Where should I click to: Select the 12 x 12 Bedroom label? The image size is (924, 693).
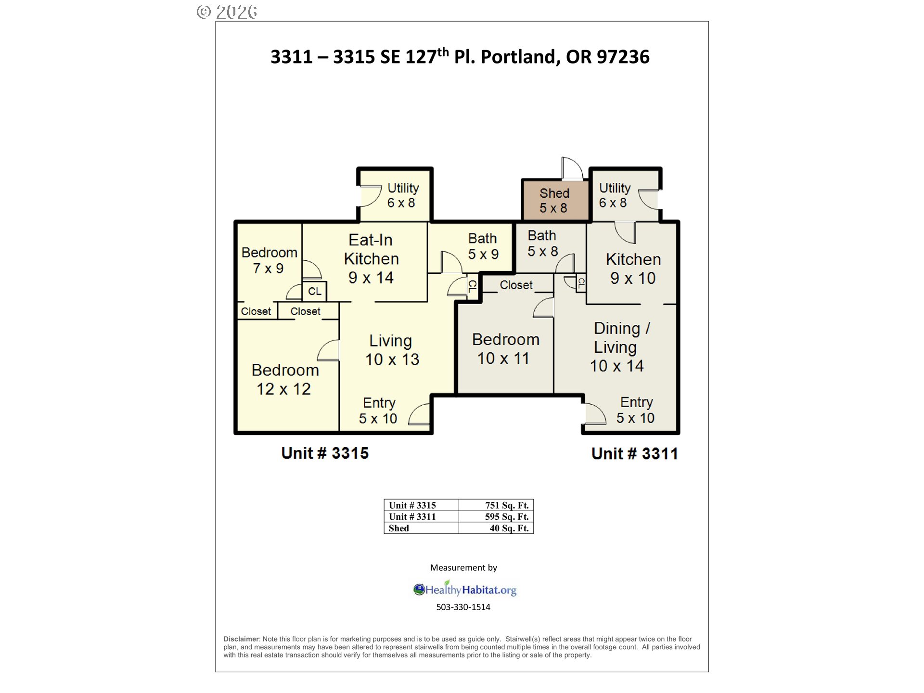(285, 379)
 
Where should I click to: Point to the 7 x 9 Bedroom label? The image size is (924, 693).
(269, 260)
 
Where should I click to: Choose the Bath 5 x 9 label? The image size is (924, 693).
(483, 246)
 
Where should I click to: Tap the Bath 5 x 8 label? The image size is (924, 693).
(542, 244)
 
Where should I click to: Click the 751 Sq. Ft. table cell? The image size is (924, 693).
(496, 505)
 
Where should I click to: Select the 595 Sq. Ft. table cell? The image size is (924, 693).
(496, 517)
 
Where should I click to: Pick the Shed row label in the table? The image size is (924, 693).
(399, 528)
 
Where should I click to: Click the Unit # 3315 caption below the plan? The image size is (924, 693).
(325, 453)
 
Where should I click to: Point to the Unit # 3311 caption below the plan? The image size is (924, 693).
(634, 453)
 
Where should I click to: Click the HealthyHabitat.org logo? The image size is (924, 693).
(465, 589)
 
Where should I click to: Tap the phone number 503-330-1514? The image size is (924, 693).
(463, 607)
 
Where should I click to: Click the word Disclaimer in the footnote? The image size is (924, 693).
(242, 639)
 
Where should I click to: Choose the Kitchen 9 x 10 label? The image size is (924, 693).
(633, 269)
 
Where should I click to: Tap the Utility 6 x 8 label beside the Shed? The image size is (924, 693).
(615, 195)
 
